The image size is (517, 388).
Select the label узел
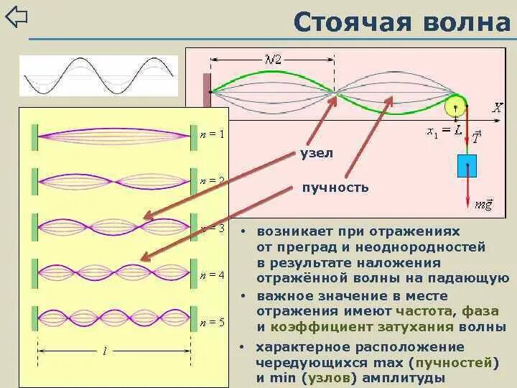click(317, 153)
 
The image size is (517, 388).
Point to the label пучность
click(335, 188)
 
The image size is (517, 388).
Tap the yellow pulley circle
click(455, 107)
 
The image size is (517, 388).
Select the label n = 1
click(212, 134)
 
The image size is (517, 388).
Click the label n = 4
click(212, 275)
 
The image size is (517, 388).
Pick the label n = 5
click(212, 323)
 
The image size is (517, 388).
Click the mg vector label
click(483, 205)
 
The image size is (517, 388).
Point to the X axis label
click(497, 108)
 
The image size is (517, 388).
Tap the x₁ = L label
click(444, 131)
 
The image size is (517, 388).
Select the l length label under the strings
click(105, 351)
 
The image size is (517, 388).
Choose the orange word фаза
click(481, 311)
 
